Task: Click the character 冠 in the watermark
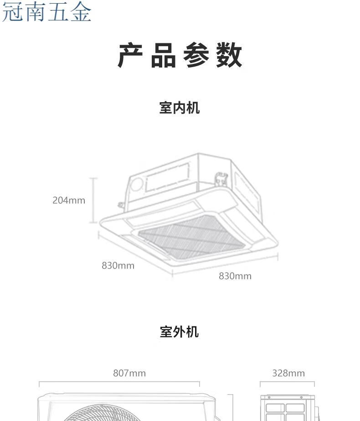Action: (13, 12)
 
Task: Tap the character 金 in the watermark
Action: (81, 12)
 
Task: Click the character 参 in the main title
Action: (196, 56)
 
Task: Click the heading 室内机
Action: (180, 108)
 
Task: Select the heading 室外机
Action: (180, 332)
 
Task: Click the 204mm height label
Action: (69, 200)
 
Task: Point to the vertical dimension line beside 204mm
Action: (93, 200)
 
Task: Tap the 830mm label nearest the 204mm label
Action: (118, 265)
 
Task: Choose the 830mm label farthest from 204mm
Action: (235, 276)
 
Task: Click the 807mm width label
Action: (129, 373)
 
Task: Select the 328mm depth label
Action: (288, 373)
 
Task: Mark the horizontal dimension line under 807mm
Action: (119, 384)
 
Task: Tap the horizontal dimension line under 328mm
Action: (287, 384)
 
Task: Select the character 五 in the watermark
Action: (58, 12)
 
